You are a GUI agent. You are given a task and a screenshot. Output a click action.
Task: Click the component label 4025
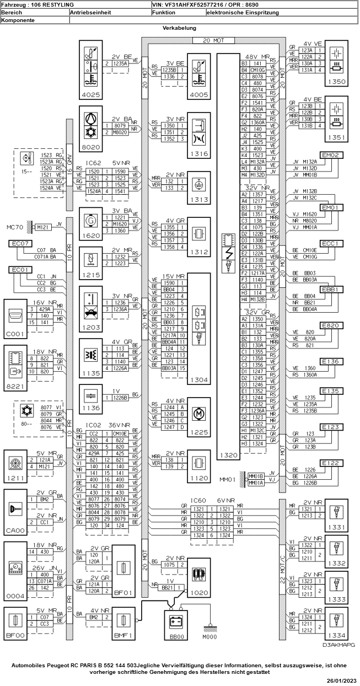90,95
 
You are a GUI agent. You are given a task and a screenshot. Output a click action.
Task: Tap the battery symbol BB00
176,622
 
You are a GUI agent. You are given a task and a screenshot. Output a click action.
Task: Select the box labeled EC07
20,243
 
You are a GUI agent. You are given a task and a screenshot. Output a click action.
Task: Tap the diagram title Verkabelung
180,28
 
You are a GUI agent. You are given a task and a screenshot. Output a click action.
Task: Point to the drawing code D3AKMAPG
338,644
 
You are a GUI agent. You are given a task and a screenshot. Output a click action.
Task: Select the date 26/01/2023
341,682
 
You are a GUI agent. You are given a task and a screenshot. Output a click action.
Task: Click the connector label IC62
95,163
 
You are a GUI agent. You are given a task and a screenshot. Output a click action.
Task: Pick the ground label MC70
14,227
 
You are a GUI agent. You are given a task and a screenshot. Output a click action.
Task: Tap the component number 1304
198,380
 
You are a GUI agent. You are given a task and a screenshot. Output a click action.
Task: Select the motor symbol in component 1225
198,413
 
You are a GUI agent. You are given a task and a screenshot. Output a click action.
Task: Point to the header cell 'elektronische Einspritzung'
243,12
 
